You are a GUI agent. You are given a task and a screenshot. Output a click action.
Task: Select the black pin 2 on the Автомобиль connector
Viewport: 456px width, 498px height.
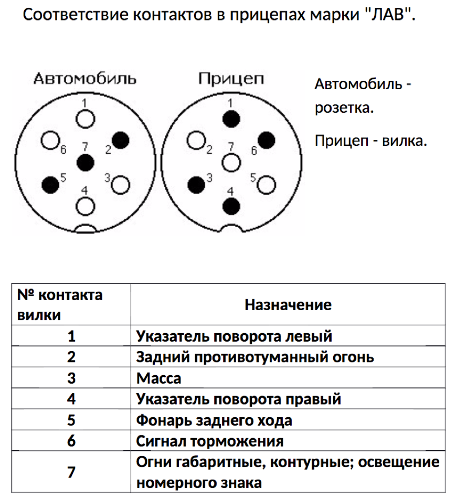[121, 140]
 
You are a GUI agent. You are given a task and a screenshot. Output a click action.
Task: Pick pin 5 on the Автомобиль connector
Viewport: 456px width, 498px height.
[50, 184]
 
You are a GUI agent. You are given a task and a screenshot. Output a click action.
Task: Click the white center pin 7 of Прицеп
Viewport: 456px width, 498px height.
[230, 162]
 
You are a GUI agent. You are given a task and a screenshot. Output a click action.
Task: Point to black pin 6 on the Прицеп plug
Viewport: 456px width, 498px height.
[266, 140]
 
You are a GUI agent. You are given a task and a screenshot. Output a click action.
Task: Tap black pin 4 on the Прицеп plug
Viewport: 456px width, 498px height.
[230, 205]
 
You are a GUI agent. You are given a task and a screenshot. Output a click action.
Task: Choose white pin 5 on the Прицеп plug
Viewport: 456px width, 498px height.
[266, 184]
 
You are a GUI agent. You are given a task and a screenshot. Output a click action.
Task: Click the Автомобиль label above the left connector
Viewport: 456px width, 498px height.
[85, 79]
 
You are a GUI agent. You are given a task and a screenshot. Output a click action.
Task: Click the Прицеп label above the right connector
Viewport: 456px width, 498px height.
[231, 79]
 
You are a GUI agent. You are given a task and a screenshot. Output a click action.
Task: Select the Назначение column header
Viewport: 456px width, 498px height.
[288, 305]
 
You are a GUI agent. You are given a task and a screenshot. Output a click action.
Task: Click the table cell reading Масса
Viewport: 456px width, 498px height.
[158, 378]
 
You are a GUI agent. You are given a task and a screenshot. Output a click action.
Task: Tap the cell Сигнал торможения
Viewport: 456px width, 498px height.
[210, 441]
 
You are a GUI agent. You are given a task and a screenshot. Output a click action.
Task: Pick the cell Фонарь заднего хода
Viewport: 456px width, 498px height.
[214, 420]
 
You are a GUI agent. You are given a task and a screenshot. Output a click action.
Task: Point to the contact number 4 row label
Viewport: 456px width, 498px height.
[71, 399]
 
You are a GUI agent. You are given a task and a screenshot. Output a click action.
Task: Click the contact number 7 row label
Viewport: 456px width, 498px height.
[71, 472]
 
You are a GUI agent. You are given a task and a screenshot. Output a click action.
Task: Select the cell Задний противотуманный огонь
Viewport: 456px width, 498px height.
[255, 357]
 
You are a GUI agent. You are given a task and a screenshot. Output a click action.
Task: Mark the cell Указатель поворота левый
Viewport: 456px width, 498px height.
[234, 336]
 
